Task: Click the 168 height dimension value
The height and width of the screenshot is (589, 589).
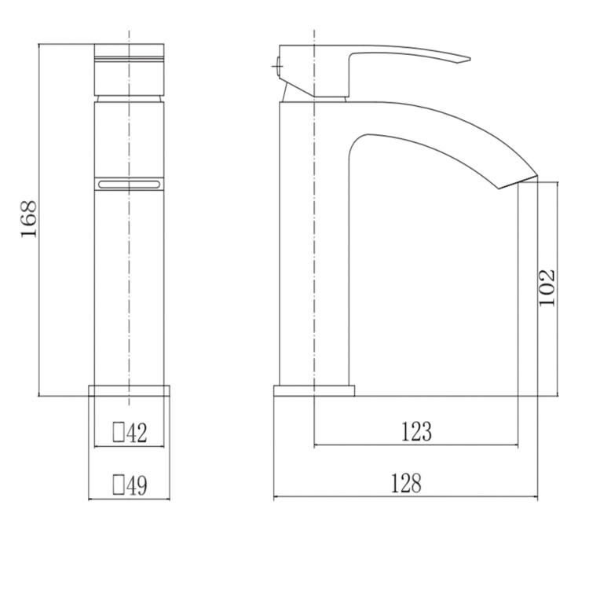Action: (x=28, y=221)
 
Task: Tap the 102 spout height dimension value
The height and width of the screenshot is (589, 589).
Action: (x=547, y=287)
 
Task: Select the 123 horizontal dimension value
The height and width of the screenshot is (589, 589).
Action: (x=415, y=431)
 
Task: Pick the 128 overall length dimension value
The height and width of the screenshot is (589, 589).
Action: (x=405, y=484)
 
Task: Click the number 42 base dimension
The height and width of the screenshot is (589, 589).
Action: (x=137, y=432)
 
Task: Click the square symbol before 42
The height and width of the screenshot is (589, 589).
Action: (x=119, y=432)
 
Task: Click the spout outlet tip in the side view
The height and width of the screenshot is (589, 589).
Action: (x=526, y=179)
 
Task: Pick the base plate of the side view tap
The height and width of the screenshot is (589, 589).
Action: (x=314, y=390)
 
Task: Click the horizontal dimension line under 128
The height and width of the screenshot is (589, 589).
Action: (x=405, y=498)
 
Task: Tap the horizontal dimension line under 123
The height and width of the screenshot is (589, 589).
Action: (x=415, y=446)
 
